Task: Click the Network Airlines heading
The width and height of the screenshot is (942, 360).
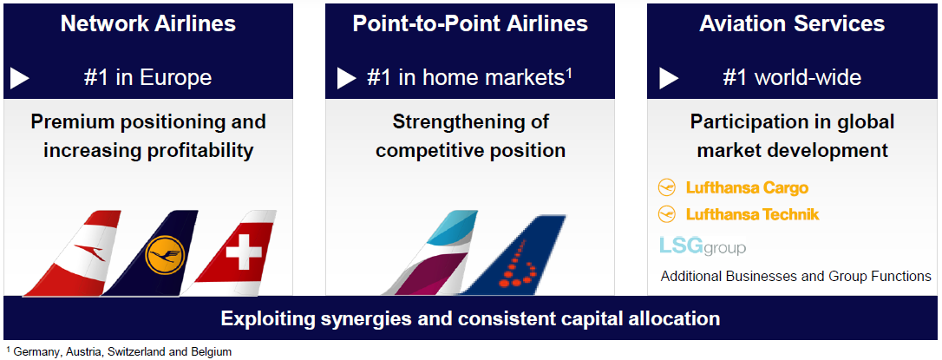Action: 147,24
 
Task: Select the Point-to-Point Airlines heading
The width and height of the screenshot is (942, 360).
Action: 470,24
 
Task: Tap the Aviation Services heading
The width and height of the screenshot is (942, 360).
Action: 792,24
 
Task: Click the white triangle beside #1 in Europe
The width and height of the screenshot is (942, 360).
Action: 20,78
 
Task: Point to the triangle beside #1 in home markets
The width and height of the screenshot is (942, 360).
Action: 347,78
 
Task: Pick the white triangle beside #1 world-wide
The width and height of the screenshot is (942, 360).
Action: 669,78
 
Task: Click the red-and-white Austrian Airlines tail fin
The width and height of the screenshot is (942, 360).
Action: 75,253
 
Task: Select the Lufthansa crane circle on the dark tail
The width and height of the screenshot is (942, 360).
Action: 165,255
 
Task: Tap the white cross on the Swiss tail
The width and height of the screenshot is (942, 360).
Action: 244,252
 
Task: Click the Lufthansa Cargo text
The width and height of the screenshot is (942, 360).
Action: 747,188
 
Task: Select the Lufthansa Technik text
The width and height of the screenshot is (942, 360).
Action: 752,214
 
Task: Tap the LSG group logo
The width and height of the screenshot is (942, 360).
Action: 703,245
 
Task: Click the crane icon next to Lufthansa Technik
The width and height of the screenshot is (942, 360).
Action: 667,214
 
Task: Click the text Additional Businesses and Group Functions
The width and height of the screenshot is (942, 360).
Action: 796,277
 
